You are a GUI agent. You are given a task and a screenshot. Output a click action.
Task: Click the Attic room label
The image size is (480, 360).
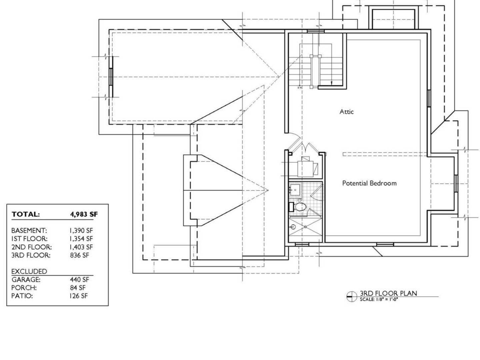(346, 112)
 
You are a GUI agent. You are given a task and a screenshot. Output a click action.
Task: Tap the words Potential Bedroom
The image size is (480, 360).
(369, 183)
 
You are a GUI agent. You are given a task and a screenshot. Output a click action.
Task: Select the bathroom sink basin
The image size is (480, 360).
(295, 190)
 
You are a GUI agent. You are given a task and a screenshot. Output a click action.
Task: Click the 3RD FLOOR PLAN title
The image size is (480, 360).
(388, 293)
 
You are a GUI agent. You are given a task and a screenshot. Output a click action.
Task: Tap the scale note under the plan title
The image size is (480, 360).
(379, 299)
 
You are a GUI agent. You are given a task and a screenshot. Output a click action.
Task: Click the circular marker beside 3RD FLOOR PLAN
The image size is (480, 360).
(352, 297)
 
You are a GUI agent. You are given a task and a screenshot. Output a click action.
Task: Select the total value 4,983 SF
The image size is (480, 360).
(84, 214)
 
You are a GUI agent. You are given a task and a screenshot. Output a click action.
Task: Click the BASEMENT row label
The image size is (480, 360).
(29, 230)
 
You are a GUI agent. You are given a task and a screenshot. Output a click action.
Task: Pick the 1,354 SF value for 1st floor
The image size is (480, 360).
(81, 238)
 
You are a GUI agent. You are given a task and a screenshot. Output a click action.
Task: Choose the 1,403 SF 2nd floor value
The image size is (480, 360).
(81, 247)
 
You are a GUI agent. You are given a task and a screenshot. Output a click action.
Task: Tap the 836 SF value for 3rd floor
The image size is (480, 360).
(80, 255)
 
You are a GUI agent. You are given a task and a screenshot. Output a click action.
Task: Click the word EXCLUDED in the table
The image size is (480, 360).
(29, 271)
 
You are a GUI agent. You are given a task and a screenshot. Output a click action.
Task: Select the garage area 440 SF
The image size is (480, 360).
(80, 279)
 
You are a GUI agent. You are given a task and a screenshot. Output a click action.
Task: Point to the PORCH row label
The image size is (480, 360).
(24, 288)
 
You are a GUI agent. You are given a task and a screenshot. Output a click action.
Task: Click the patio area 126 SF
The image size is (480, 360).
(79, 296)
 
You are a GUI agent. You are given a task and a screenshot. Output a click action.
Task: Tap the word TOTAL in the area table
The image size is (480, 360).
(26, 214)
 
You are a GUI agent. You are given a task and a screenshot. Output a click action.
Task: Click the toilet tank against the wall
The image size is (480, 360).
(291, 207)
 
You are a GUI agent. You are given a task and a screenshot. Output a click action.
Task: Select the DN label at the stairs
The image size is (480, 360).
(300, 88)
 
